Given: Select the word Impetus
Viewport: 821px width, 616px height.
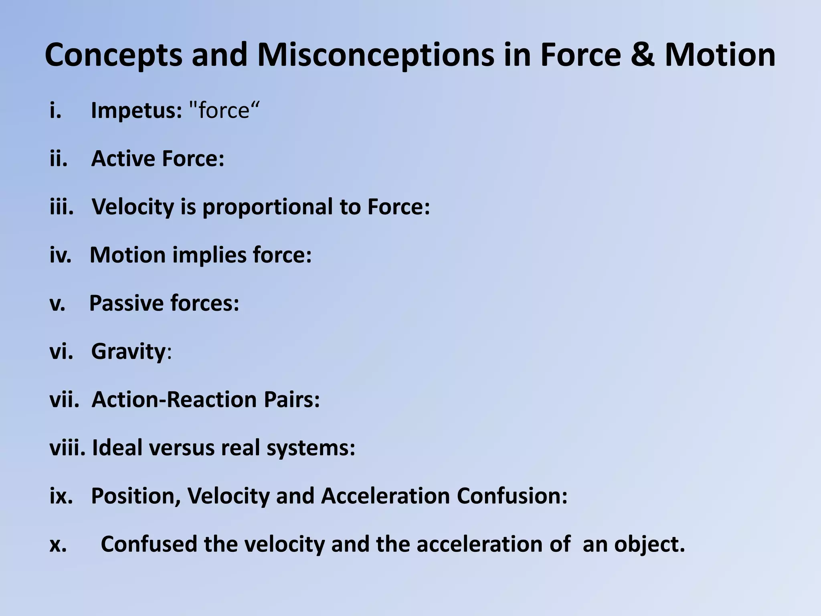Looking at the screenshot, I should click(136, 110).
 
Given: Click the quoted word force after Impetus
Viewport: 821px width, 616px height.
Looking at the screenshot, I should click(224, 110).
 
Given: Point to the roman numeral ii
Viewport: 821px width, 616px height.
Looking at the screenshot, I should click(59, 158).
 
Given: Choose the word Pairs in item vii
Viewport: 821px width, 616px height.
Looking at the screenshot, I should click(291, 399).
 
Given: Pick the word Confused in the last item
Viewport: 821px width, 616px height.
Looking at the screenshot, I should click(148, 544).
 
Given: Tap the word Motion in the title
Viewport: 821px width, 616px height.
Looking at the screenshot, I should click(720, 55).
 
